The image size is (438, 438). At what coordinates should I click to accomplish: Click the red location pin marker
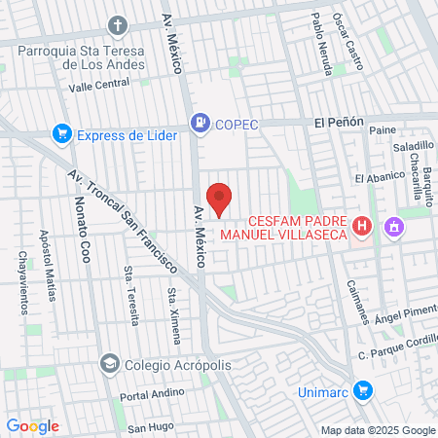tap(220, 198)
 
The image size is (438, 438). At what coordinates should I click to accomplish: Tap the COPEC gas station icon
tap(200, 123)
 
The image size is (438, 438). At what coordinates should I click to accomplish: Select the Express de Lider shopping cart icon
tap(63, 134)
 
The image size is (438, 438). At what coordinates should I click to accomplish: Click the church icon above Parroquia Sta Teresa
tap(118, 24)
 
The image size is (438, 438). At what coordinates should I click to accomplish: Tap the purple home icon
tap(394, 228)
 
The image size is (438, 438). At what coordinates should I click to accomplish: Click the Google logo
tap(32, 425)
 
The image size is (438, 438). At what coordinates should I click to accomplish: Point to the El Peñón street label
tap(338, 123)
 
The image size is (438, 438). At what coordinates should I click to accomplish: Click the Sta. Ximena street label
tap(173, 316)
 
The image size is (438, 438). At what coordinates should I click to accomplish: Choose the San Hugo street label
tap(150, 427)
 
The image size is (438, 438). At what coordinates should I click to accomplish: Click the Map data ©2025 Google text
tap(379, 430)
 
